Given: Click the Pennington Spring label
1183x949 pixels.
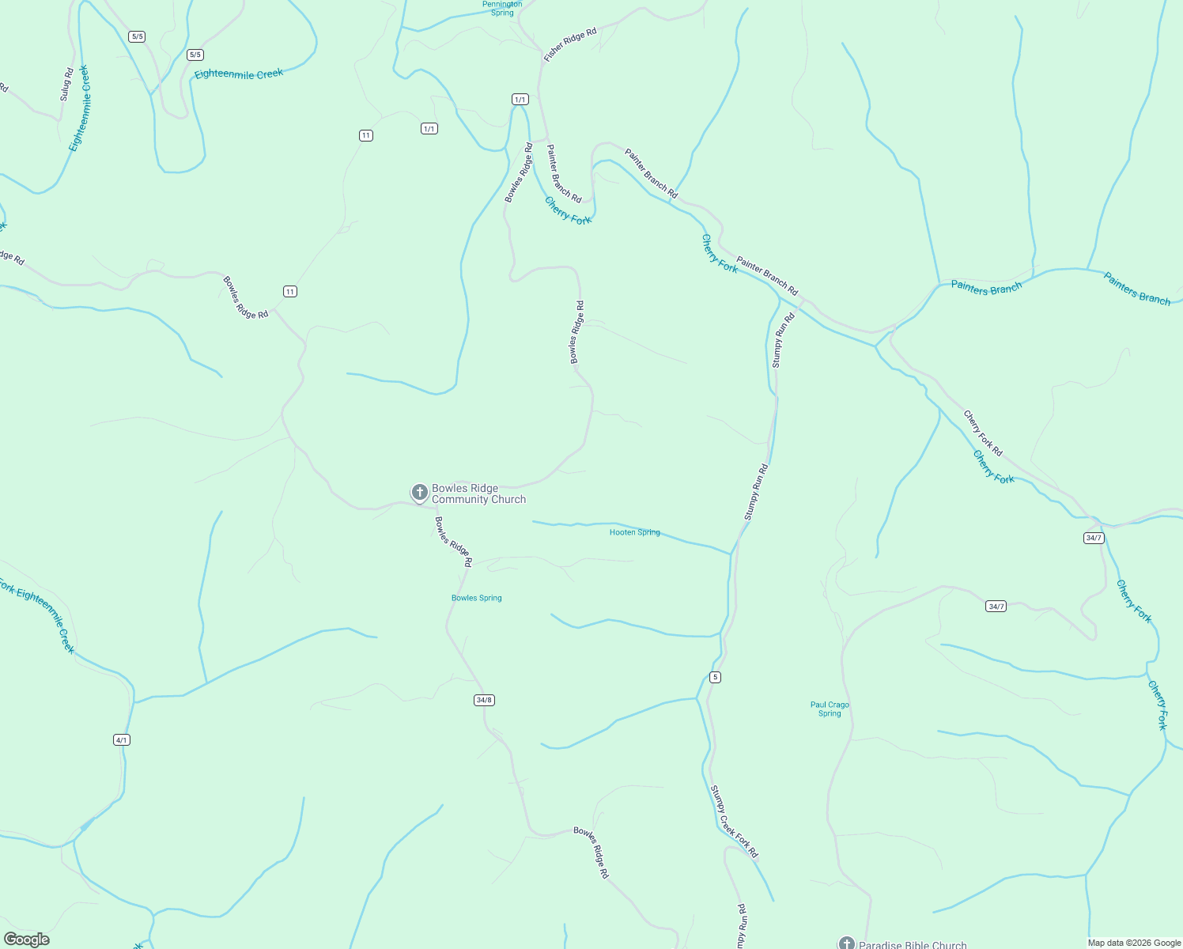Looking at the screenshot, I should (x=502, y=8).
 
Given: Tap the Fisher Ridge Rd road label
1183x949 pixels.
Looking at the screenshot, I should (x=569, y=44).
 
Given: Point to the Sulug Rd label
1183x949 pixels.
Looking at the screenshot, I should (x=66, y=84).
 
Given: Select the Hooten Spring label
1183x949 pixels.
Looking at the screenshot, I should (x=634, y=532).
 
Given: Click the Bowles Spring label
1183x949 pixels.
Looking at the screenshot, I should (x=476, y=598).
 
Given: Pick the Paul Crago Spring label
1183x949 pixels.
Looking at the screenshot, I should (x=830, y=709).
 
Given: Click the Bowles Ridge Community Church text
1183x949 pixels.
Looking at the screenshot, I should (x=478, y=493).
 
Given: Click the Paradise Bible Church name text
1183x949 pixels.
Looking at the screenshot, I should (x=913, y=945).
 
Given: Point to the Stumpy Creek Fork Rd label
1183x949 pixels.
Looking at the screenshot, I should (x=733, y=821).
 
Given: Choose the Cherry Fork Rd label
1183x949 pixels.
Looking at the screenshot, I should (x=983, y=433).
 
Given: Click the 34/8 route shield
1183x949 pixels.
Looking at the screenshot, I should (x=484, y=700).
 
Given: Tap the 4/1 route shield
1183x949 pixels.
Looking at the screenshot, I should (x=122, y=740).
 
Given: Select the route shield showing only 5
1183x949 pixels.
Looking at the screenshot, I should (x=715, y=677).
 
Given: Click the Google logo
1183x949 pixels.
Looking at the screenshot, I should (x=27, y=940).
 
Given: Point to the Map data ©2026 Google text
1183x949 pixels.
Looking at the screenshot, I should (x=1133, y=943).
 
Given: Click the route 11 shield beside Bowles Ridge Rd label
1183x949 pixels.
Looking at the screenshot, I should (x=290, y=292).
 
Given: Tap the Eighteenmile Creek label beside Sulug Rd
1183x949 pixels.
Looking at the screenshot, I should (x=80, y=108).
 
